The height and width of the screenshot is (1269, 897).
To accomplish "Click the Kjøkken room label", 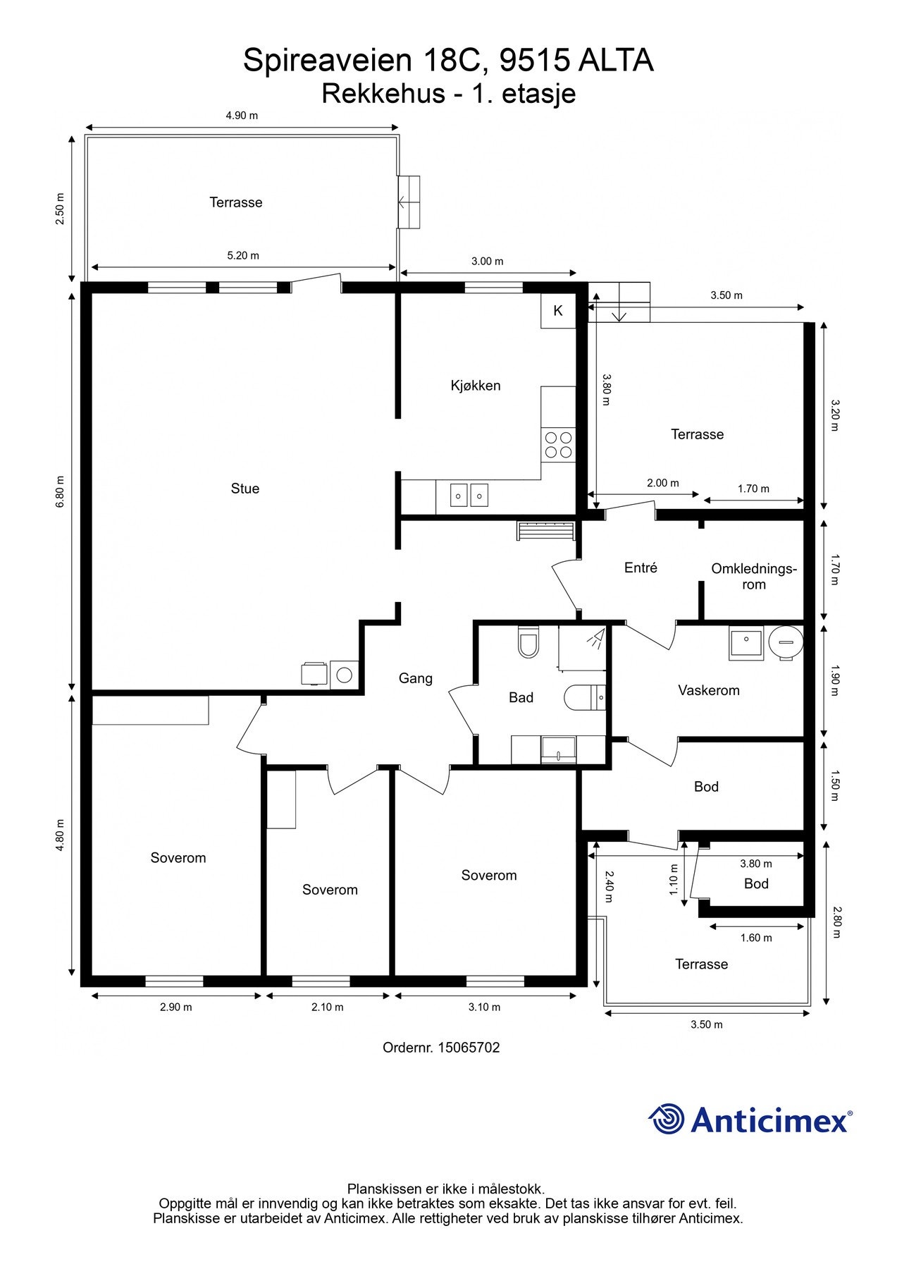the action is point(476,386).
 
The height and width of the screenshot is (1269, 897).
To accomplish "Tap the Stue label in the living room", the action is point(245,489).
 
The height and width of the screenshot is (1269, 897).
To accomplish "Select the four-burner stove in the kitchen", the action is point(558,445).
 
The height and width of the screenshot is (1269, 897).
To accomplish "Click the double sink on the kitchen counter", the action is point(470,496).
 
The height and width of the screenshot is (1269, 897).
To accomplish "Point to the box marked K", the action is point(558,310).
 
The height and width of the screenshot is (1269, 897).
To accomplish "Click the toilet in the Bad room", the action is point(528,642).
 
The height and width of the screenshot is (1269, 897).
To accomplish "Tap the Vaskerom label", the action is point(709,690).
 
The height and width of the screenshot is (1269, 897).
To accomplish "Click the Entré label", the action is point(641,568).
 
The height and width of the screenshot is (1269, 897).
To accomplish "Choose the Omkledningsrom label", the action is point(753,576).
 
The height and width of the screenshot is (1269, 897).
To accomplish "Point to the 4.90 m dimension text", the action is point(242,116).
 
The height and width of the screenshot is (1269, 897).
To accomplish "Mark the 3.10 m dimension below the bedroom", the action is point(484,1007).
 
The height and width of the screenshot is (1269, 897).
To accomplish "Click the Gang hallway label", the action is point(416,678).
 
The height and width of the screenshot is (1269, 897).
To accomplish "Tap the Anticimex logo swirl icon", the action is point(667,1119).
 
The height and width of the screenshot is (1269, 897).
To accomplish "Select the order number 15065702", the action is point(469,1048).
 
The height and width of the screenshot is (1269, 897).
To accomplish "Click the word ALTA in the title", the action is point(616,61).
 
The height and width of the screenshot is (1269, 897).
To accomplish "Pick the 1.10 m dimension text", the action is point(674,880).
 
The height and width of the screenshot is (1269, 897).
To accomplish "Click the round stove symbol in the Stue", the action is point(344,675).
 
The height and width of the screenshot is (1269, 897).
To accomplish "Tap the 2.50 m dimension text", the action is point(61,209).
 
